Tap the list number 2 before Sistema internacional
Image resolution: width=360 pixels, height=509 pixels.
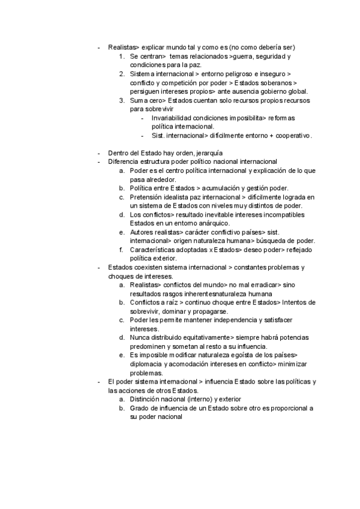[x=122, y=73]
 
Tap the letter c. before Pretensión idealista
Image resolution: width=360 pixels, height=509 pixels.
[x=122, y=197]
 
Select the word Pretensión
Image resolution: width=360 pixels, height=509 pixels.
[x=147, y=197]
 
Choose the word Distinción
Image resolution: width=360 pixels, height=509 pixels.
[x=145, y=400]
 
